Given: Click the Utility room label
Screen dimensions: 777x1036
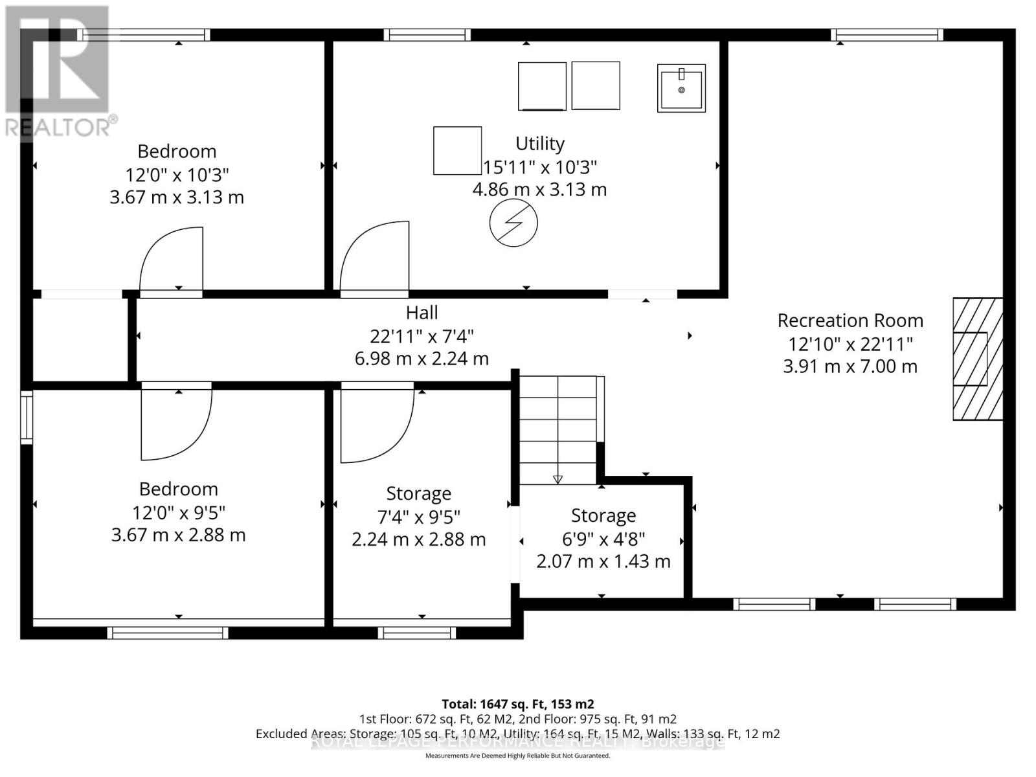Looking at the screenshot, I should [x=539, y=143].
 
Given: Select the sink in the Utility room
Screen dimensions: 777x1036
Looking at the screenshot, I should [x=681, y=88].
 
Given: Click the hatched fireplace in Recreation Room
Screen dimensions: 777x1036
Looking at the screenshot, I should [x=977, y=359].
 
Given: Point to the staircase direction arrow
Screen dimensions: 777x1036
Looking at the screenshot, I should [x=557, y=479].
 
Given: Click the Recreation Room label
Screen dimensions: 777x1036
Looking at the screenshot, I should [x=850, y=321].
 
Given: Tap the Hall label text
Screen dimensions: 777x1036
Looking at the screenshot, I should [x=422, y=313].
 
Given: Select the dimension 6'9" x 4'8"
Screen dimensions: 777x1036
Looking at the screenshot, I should [x=603, y=539].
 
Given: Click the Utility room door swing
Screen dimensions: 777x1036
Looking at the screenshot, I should [x=375, y=257].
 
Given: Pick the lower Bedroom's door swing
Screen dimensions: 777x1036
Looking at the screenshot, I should [x=175, y=422].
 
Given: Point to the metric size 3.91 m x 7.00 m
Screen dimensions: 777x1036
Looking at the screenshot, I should [x=850, y=366].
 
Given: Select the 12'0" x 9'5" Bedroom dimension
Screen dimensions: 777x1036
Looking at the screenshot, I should [x=178, y=513].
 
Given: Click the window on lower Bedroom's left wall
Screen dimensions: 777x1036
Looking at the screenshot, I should [x=27, y=418].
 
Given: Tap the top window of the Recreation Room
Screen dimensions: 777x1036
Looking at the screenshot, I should [x=886, y=35].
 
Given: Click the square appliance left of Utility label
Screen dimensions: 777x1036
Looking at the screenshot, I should [x=457, y=150].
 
